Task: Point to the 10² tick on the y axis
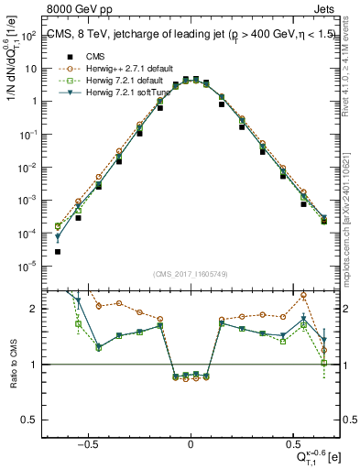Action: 35,37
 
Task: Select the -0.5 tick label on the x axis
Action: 86,441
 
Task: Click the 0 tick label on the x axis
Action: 191,441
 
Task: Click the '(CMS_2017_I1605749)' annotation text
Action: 191,275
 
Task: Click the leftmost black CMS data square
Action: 58,251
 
